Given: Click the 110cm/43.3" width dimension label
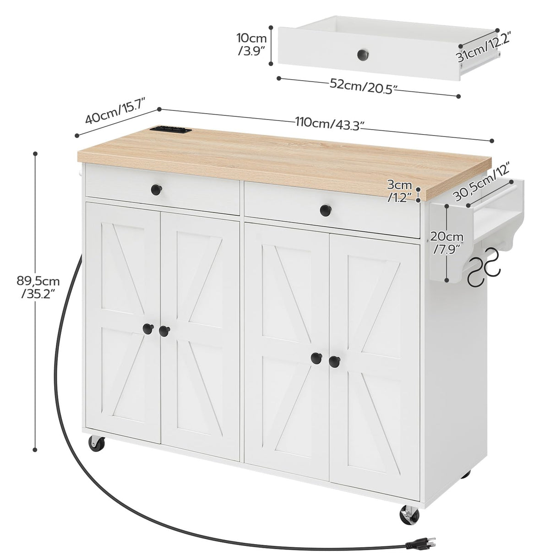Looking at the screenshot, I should click(x=329, y=124).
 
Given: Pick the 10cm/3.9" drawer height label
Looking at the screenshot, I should click(x=252, y=44).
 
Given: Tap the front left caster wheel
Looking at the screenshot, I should click(x=97, y=443).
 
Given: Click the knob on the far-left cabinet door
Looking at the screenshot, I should click(x=147, y=328).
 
